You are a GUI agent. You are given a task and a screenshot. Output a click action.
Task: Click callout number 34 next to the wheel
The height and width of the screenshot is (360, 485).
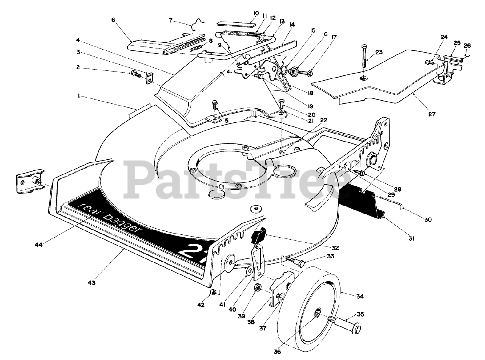point(360,297)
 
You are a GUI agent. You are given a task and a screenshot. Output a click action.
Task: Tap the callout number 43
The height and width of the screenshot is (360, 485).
point(92,282)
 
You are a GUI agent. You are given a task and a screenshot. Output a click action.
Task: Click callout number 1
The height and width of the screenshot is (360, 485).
point(79,97)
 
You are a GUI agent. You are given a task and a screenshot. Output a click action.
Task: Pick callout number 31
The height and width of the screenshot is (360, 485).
point(411,238)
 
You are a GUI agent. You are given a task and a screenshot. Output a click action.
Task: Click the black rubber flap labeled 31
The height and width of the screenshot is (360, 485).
point(364,203)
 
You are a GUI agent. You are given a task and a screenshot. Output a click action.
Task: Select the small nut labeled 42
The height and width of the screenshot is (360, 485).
point(214,292)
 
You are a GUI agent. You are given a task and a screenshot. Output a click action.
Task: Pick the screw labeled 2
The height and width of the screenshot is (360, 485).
point(136,74)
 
